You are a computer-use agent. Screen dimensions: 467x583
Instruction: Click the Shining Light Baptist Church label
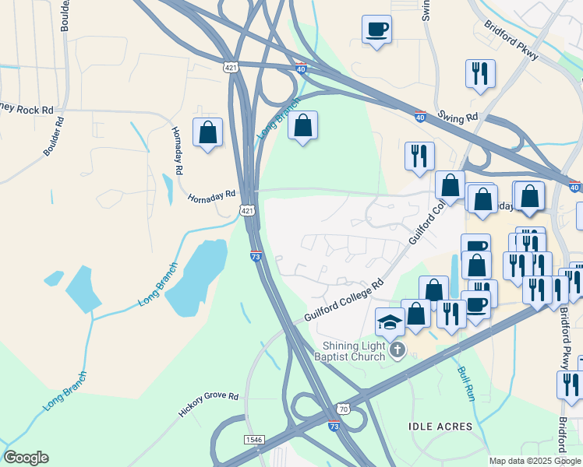pos(354,351)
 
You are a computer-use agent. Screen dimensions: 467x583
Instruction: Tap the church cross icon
pos(397,350)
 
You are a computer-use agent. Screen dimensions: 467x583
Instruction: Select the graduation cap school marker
pos(390,321)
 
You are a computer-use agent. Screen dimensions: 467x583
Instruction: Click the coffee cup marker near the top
pos(376,30)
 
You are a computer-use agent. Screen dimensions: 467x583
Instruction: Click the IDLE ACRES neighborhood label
pos(440,427)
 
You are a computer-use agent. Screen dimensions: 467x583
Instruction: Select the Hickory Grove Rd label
pos(208,405)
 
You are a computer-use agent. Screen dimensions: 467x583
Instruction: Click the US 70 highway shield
pos(344,409)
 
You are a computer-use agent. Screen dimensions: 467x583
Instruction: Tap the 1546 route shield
pos(254,440)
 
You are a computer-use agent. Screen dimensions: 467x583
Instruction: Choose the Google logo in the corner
pos(26,458)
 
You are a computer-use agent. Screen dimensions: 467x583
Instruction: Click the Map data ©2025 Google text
pos(535,461)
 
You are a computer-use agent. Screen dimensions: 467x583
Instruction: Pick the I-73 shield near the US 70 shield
pos(334,427)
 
